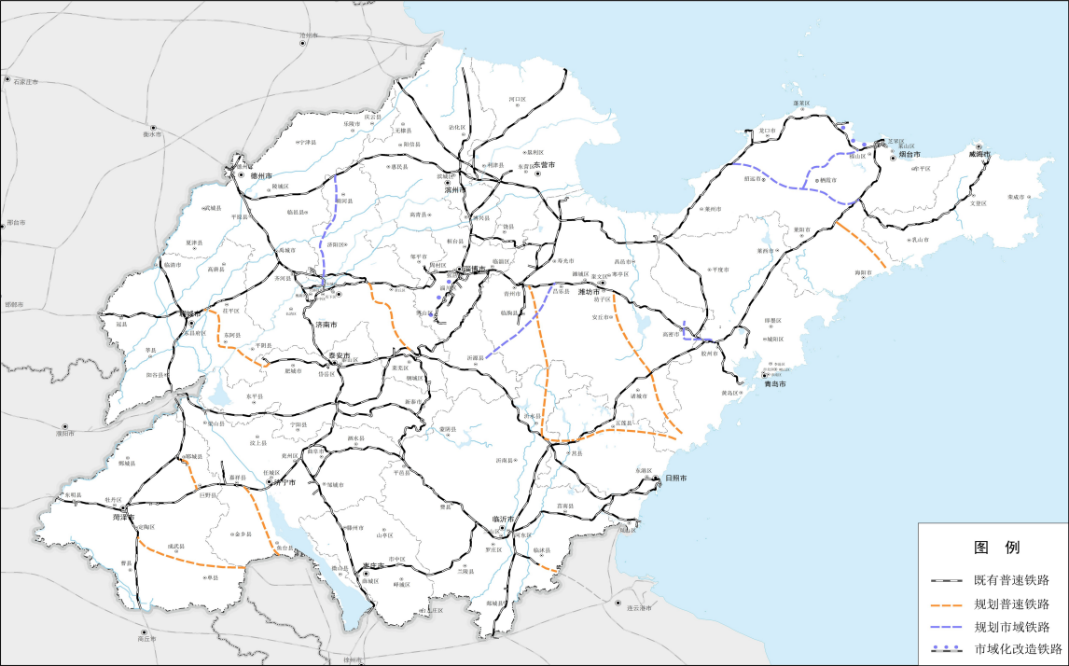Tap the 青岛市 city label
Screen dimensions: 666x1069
pyautogui.click(x=775, y=383)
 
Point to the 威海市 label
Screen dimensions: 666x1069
pyautogui.click(x=979, y=155)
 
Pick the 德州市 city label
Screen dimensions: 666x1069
pyautogui.click(x=260, y=174)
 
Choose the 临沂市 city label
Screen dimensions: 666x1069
pyautogui.click(x=503, y=520)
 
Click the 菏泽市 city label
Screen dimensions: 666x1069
pyautogui.click(x=123, y=517)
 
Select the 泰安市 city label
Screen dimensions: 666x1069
pyautogui.click(x=339, y=355)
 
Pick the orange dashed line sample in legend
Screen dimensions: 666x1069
pyautogui.click(x=947, y=604)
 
